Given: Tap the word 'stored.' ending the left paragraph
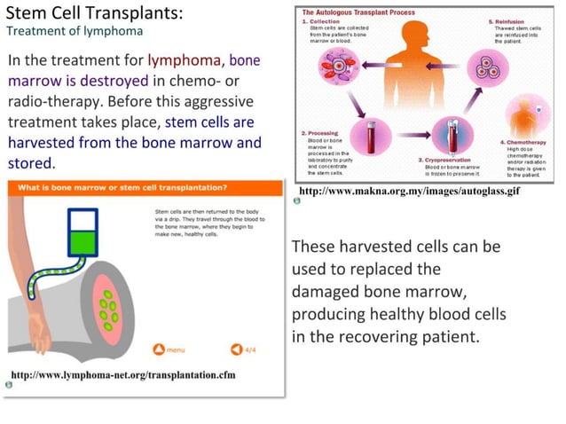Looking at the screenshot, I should [x=31, y=163].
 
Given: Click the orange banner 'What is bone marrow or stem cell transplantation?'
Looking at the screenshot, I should [x=123, y=188].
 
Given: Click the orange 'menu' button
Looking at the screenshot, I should [x=169, y=349].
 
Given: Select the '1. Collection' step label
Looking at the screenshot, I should [x=319, y=20].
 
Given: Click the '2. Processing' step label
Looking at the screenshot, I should [x=320, y=134].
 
